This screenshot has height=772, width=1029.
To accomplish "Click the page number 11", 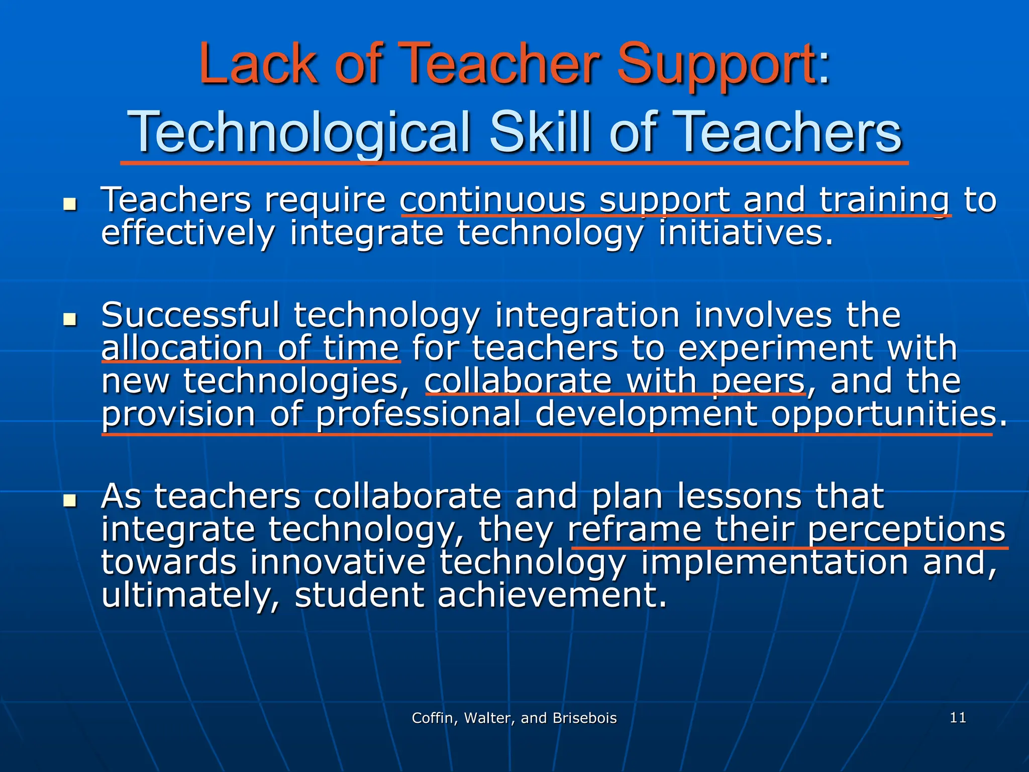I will tap(958, 717).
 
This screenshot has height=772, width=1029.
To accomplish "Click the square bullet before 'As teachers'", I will tap(70, 501).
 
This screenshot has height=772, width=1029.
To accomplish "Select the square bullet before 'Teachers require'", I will tap(70, 205).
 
